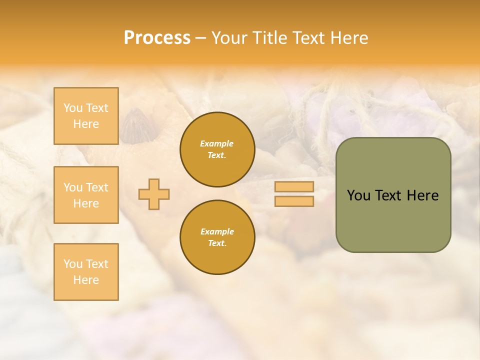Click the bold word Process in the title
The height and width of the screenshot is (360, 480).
157,38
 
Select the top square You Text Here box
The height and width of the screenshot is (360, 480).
86,116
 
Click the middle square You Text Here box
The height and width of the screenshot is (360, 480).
86,195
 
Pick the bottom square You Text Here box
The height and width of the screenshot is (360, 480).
86,272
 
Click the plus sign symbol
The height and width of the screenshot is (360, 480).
154,194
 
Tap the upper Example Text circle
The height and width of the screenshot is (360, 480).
217,149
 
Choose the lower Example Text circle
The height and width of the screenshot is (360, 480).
217,237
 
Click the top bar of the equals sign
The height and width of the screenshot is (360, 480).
294,187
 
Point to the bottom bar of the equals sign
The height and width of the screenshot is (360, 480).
294,201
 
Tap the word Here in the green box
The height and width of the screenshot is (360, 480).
422,195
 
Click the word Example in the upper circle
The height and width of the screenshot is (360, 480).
217,143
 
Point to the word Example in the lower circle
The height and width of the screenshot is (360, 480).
217,231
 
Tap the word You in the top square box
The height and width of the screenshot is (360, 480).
73,108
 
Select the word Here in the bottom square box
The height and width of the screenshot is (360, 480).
86,280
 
